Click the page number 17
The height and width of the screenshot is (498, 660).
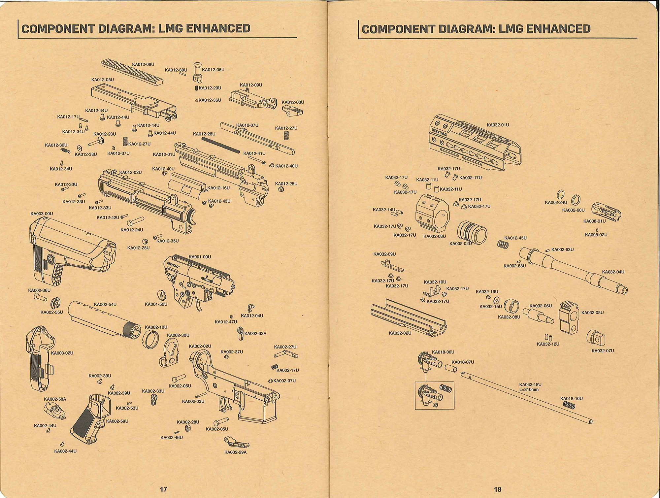point(163,489)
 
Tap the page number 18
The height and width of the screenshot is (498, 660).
point(498,489)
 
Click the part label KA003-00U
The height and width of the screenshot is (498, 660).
point(42,214)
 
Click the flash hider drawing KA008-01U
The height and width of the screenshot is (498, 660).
point(606,211)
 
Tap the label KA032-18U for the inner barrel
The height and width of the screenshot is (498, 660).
point(530,384)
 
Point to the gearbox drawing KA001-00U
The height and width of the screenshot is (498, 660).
point(198,281)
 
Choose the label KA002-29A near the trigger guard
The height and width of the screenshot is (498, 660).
point(235,452)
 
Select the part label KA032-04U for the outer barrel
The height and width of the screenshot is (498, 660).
point(613,272)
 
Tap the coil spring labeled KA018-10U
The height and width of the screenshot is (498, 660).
point(568,405)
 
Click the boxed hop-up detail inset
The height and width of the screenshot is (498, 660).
point(434,395)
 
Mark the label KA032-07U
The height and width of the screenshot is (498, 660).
point(603,350)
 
